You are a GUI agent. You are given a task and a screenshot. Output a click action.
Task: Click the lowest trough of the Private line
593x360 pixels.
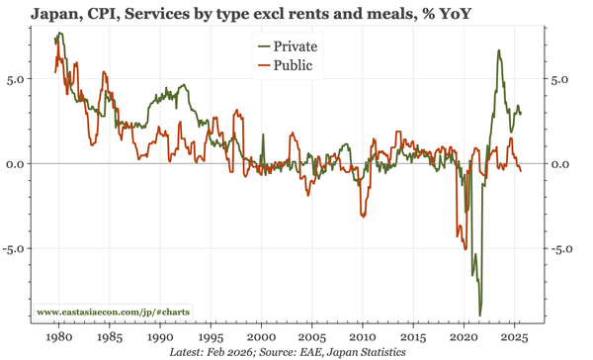click(x=480, y=315)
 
